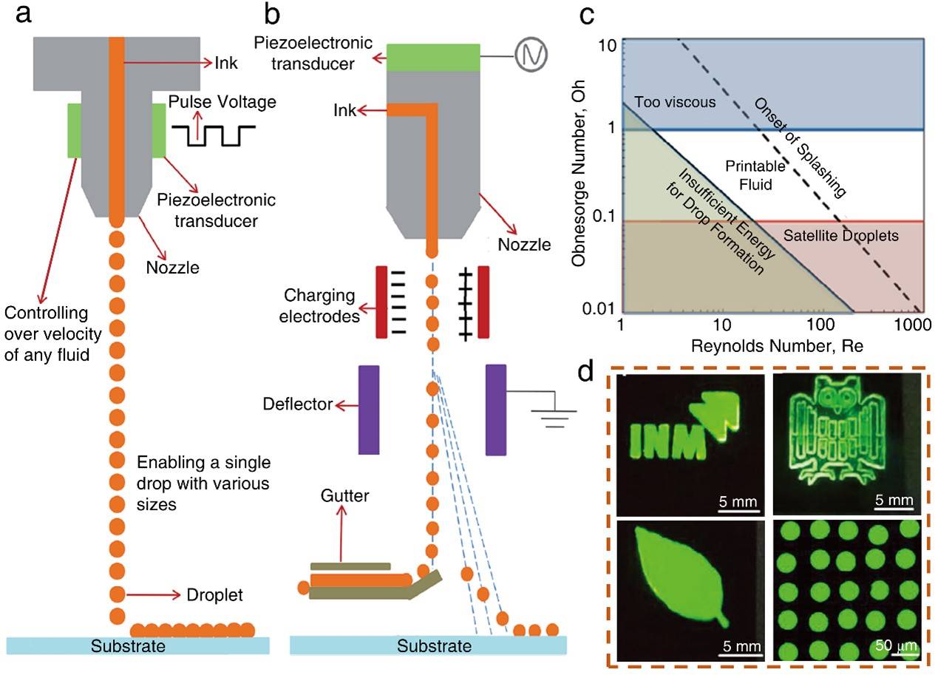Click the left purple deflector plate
point(368,409)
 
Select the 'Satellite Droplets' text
point(840,237)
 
